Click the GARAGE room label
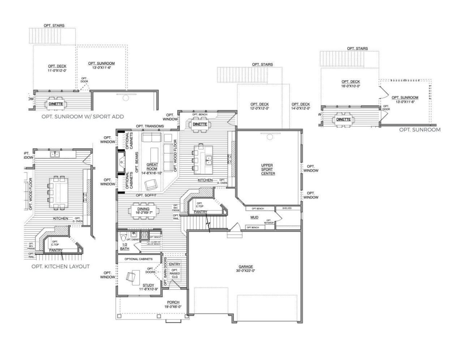245,266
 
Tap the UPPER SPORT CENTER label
267,169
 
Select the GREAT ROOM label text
152,167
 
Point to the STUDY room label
148,285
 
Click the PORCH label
173,302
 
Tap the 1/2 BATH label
124,247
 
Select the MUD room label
254,217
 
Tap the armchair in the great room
151,185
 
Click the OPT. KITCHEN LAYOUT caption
60,266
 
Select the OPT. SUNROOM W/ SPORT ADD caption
82,116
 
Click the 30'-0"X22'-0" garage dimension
245,270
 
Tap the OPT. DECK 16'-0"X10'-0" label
351,84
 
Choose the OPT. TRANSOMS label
150,126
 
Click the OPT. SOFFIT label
146,195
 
